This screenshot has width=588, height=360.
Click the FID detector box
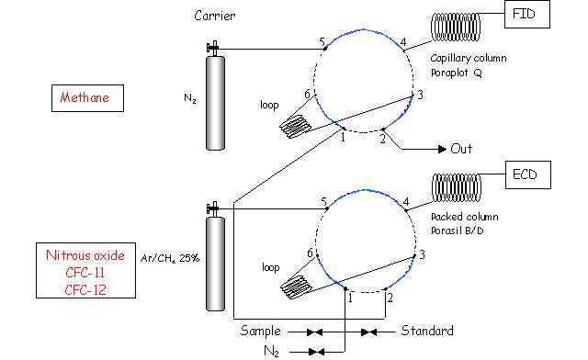point(526,15)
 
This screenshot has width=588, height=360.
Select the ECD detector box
point(528,174)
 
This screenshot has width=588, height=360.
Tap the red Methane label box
point(87,98)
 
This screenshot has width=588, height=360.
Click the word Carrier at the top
point(215,16)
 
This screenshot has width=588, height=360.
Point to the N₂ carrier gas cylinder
point(215,102)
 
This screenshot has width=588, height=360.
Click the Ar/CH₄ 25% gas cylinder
point(215,264)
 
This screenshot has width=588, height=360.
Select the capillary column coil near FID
point(456,27)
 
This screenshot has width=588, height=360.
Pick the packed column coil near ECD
point(457,188)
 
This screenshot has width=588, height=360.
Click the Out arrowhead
point(442,150)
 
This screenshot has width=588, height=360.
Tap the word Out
point(461,149)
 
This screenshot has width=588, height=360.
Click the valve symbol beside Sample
point(314,332)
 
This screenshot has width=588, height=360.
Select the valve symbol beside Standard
point(368,332)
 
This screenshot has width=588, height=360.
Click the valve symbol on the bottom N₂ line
point(316,352)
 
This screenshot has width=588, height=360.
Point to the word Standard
point(427,331)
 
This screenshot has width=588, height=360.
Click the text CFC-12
point(85,290)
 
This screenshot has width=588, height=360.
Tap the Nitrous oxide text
point(85,255)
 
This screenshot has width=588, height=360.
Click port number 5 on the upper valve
point(322,41)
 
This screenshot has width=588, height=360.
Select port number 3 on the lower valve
point(422,255)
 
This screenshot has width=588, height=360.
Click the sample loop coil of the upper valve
point(296,127)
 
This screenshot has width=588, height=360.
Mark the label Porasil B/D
point(458,231)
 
